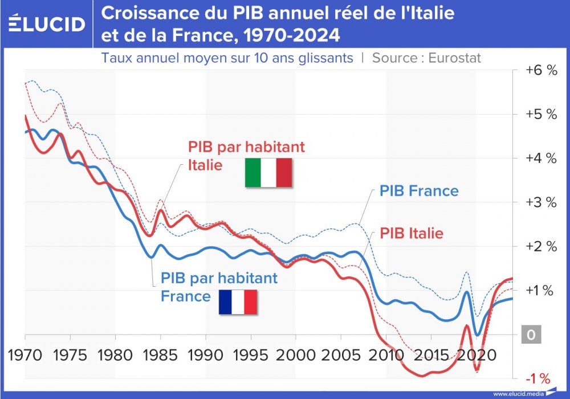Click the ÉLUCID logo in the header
click(x=47, y=23)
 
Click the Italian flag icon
click(x=268, y=173)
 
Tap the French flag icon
click(x=238, y=302)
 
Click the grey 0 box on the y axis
click(x=531, y=335)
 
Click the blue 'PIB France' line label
click(x=419, y=190)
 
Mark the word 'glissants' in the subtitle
click(x=321, y=58)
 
